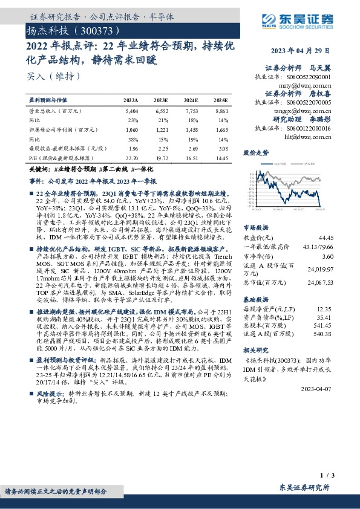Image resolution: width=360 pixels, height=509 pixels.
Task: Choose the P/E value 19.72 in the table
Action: [161, 158]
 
